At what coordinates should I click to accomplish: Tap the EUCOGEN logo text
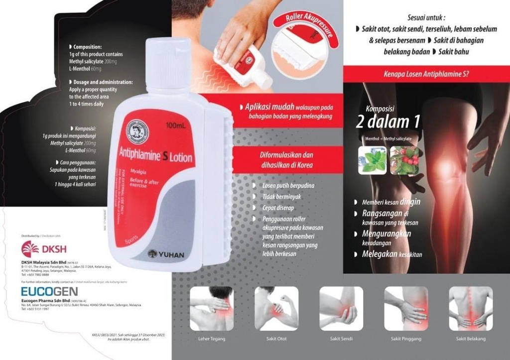pos(49,291)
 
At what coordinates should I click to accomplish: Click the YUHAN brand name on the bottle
pos(167,254)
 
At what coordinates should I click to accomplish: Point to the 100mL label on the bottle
pos(175,126)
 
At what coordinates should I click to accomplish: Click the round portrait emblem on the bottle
pos(137,131)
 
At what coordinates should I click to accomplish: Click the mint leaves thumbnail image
pos(372,160)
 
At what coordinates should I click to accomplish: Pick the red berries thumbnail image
pos(404,160)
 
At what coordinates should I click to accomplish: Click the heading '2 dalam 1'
pos(387,121)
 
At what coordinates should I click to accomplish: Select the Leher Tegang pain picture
pos(211,308)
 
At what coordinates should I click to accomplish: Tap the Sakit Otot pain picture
pos(276,308)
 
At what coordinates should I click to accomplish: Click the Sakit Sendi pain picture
pos(341,308)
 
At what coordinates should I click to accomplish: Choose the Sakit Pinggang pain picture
pos(406,308)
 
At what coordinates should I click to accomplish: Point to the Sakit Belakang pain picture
pos(471,308)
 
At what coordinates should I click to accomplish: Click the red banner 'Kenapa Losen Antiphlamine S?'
pos(426,74)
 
